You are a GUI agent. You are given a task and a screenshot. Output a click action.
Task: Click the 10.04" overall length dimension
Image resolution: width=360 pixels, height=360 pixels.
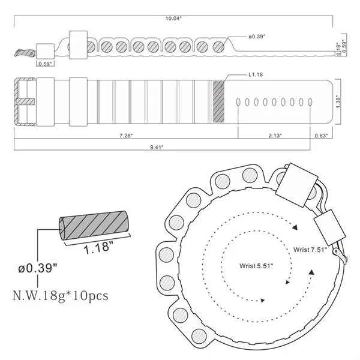click(x=173, y=19)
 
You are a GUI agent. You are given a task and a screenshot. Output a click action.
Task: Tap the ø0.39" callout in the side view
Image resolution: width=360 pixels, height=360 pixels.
click(x=257, y=37)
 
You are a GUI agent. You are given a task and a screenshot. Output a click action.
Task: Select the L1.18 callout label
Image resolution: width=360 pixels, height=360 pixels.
click(x=256, y=74)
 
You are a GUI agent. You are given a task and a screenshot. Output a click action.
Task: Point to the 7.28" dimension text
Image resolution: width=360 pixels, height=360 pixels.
click(x=126, y=136)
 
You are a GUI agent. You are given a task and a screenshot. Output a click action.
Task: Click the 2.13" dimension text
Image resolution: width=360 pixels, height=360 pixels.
click(x=275, y=136)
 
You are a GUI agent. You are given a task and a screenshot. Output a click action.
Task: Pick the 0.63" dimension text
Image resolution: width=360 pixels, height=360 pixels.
click(x=321, y=136)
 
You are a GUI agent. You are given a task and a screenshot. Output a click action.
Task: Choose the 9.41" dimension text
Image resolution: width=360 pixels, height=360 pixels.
click(x=157, y=147)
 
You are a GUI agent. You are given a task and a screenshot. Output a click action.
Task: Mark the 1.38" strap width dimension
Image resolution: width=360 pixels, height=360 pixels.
click(x=338, y=102)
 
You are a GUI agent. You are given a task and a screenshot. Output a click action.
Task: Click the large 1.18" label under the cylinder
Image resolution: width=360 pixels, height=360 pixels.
click(x=98, y=248)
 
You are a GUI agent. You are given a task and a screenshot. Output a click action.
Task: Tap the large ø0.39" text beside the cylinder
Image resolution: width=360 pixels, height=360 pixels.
click(x=38, y=268)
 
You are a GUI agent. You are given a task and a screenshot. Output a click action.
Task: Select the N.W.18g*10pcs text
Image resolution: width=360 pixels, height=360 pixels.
click(x=61, y=295)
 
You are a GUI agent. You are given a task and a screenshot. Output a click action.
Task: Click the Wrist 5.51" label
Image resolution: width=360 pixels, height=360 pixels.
click(x=256, y=266)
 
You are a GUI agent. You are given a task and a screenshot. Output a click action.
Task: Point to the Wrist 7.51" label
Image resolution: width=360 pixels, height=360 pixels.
click(x=310, y=250)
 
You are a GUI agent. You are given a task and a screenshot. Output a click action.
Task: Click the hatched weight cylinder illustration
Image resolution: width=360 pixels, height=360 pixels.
click(x=93, y=225)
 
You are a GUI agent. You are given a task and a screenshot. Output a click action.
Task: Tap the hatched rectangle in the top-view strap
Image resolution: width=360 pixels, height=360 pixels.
click(x=218, y=101)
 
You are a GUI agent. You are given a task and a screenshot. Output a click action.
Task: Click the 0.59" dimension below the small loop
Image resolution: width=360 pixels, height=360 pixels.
click(x=45, y=64)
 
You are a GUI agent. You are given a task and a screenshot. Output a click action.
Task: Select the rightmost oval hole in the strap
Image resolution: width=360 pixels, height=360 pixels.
click(x=310, y=102)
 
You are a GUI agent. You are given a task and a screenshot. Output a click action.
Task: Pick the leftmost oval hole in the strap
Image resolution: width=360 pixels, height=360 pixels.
click(x=238, y=102)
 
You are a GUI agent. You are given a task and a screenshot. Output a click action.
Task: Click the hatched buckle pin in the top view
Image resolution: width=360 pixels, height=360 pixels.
click(x=25, y=101)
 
